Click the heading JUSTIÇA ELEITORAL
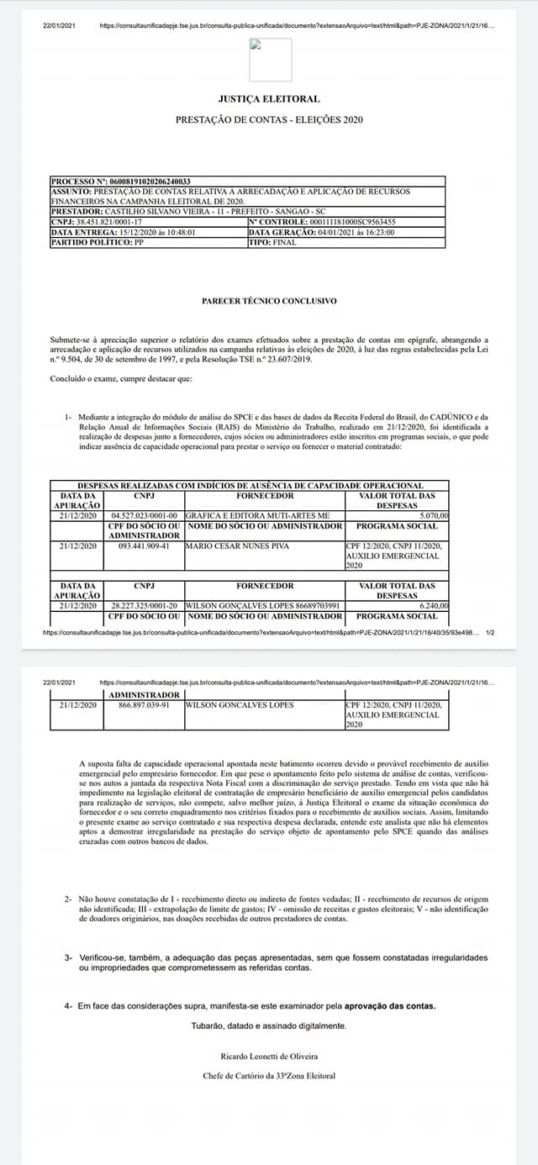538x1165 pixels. pos(269,98)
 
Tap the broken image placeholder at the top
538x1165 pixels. pos(270,59)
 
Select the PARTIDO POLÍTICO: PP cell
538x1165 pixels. pos(98,242)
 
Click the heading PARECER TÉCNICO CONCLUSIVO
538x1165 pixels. pos(269,300)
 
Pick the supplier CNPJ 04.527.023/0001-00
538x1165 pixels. pos(145,515)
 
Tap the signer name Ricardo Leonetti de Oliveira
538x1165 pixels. pos(269,1056)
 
